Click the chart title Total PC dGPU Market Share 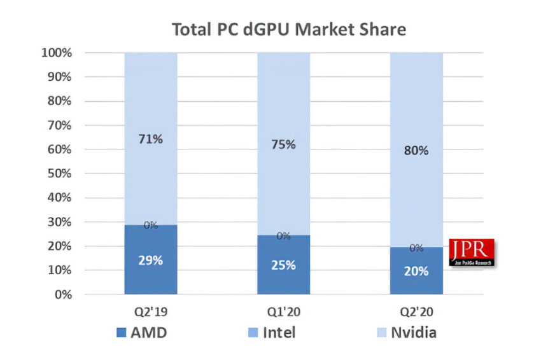[x=289, y=29]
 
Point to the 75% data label [x=283, y=144]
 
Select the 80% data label [x=416, y=151]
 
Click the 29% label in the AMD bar [x=151, y=260]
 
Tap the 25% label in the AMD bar [x=283, y=265]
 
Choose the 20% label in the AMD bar [x=416, y=270]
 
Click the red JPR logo [x=472, y=253]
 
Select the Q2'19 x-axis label [x=150, y=313]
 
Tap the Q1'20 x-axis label [x=283, y=313]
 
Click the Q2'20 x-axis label [x=416, y=313]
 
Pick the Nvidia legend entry [x=404, y=332]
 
